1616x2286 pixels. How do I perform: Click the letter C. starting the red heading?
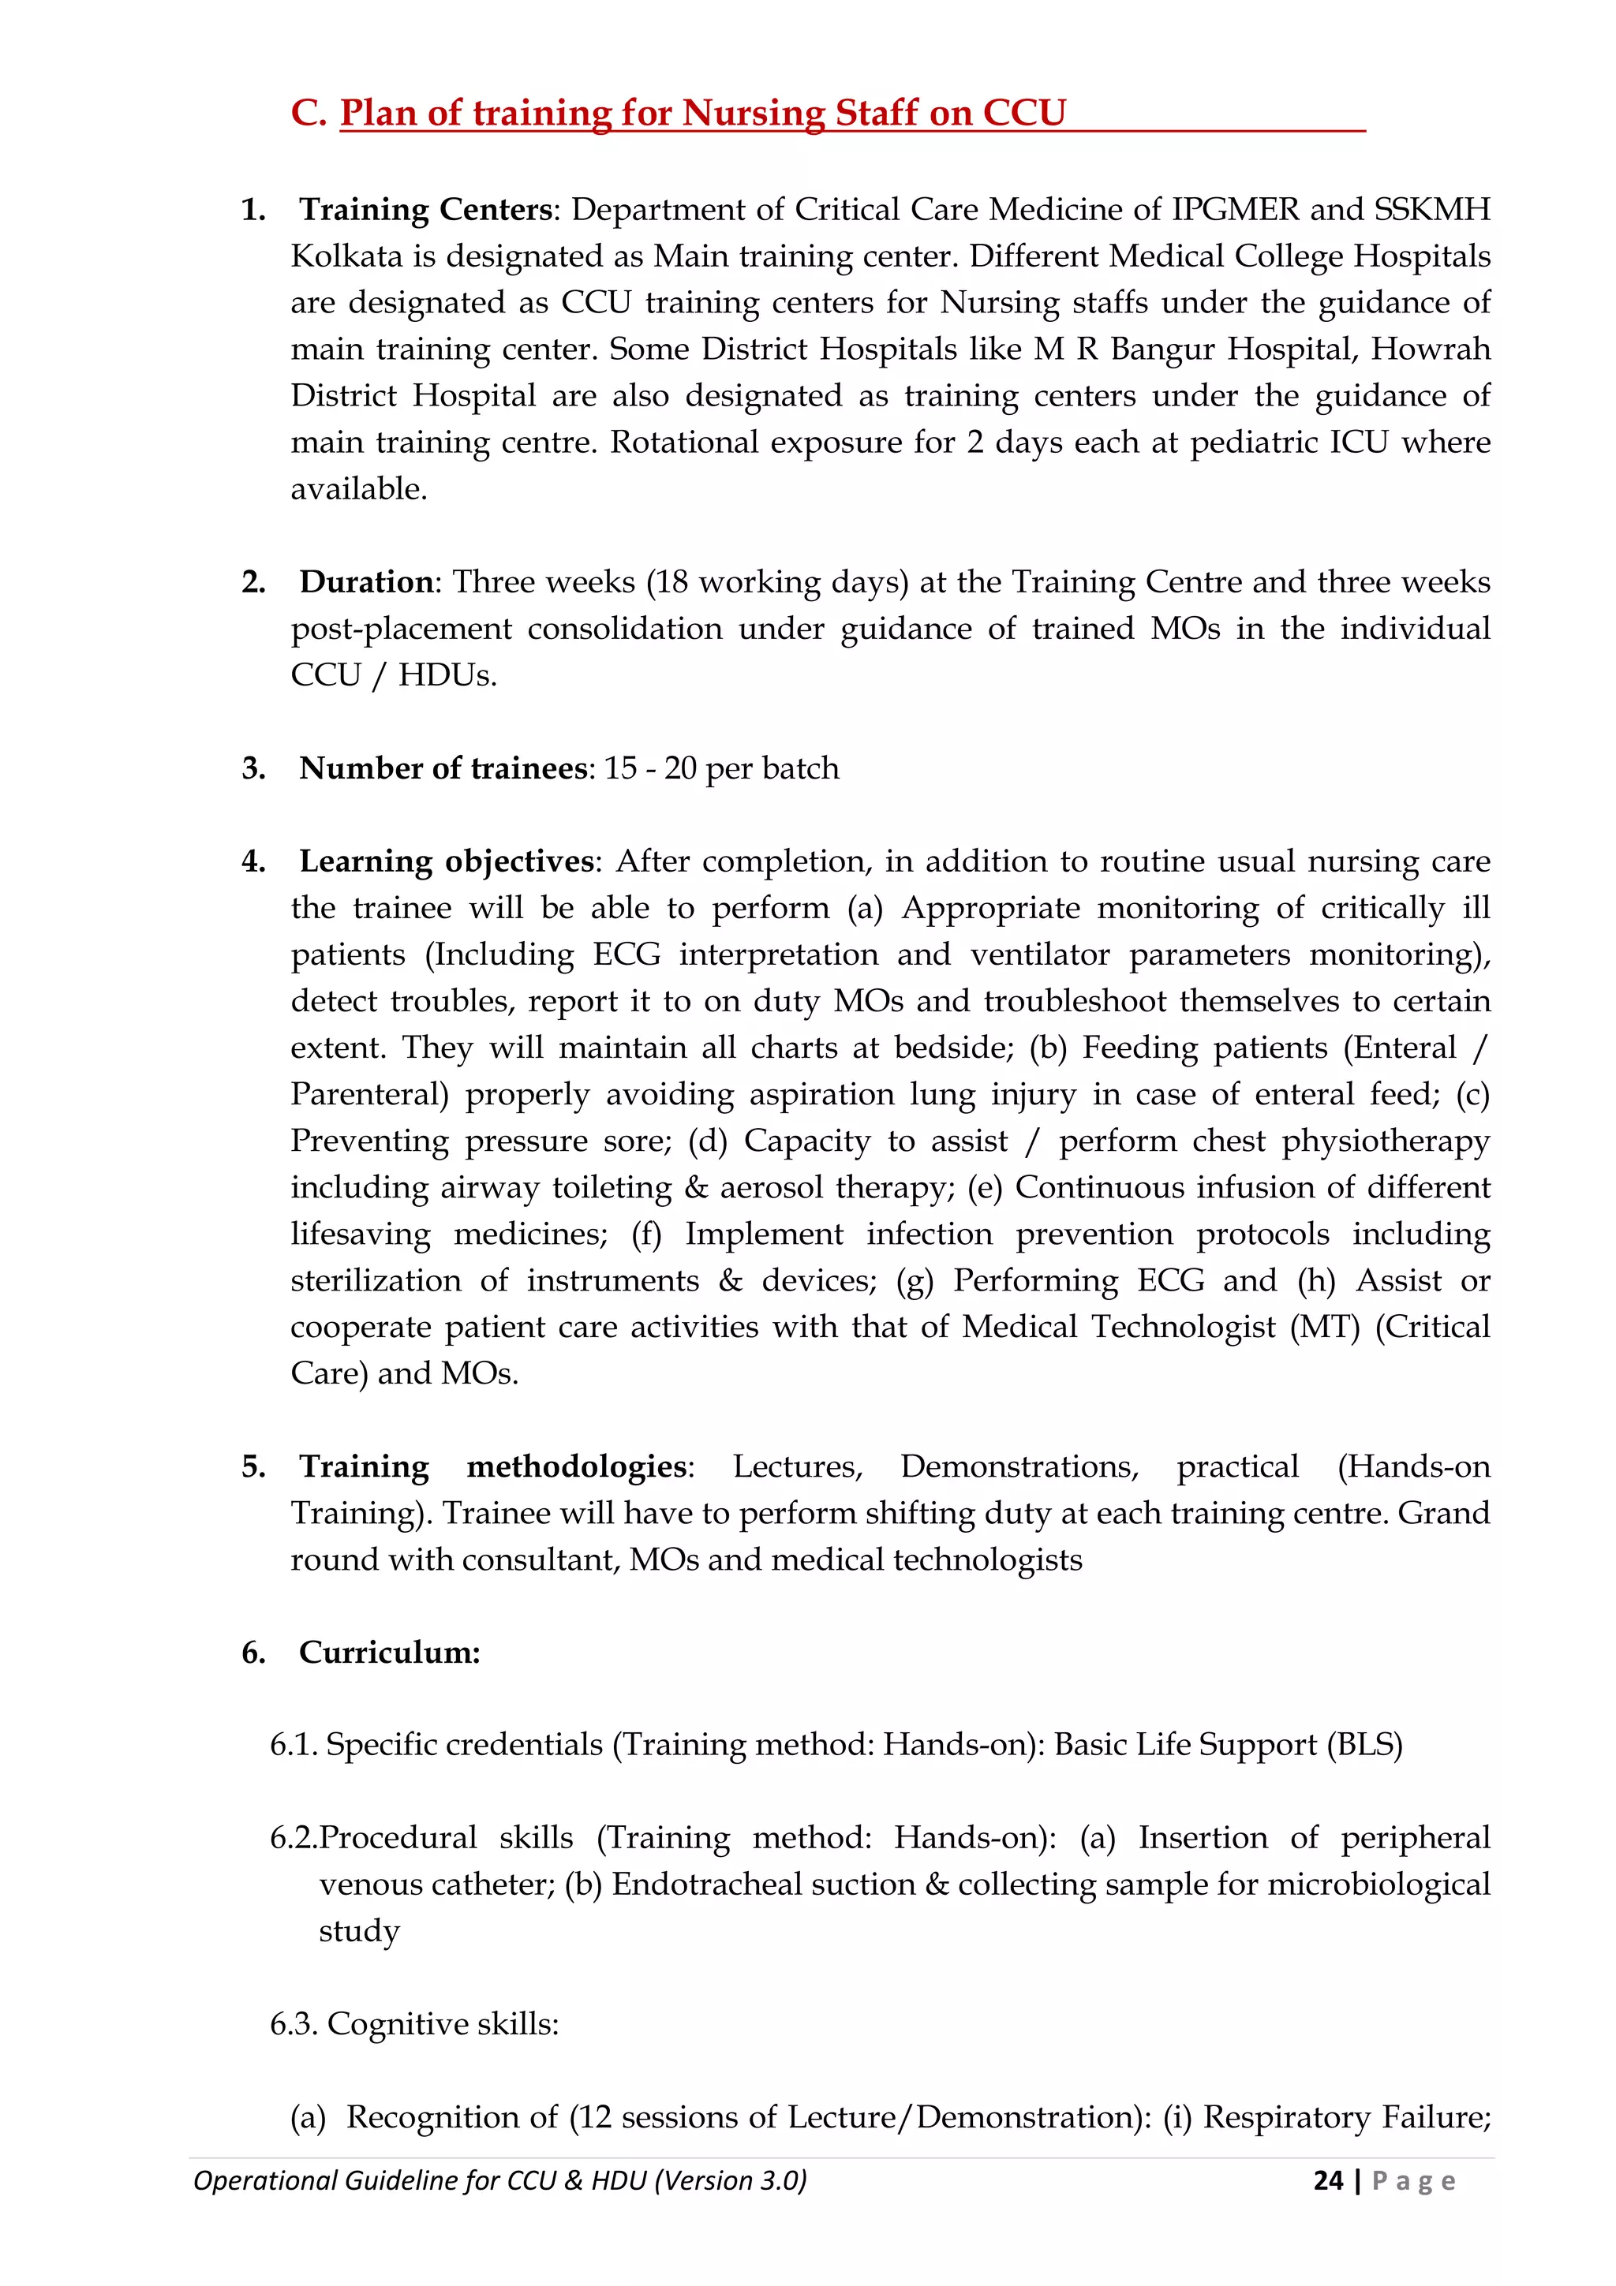click(x=309, y=114)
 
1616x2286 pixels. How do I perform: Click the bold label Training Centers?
click(x=426, y=210)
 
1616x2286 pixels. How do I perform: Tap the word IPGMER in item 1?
click(x=1235, y=210)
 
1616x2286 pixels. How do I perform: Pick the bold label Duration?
click(x=366, y=582)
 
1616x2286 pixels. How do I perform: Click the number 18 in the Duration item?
click(x=671, y=582)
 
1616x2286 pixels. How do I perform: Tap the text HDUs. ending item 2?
click(x=447, y=676)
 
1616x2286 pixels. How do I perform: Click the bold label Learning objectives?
click(x=446, y=862)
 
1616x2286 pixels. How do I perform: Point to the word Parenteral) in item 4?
click(x=369, y=1094)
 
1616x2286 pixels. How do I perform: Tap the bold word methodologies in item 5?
click(x=577, y=1466)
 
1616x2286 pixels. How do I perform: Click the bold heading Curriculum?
click(x=389, y=1653)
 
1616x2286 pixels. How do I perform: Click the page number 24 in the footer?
click(x=1327, y=2180)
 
